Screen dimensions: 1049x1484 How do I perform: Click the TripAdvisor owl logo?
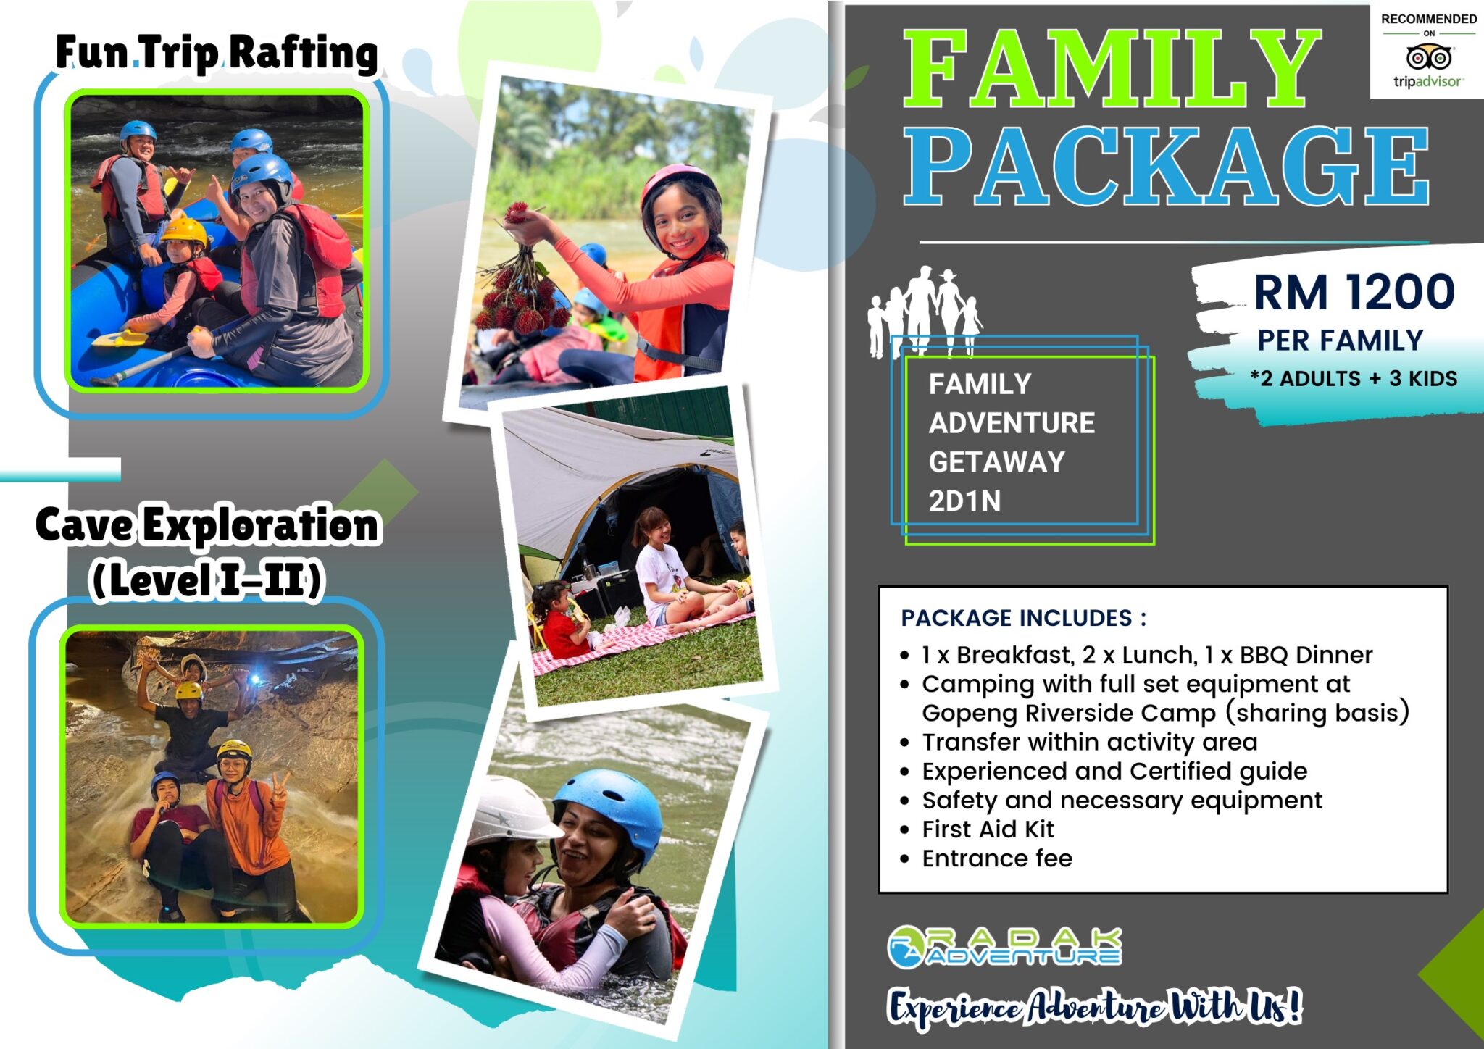point(1428,57)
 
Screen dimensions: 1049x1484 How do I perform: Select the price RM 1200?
point(1354,292)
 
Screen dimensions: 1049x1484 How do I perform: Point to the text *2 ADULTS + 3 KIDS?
point(1354,379)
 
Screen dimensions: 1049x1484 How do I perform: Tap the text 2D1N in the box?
point(964,501)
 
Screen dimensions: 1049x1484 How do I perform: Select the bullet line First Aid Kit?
point(987,829)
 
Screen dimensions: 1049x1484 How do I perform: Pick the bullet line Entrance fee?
point(996,858)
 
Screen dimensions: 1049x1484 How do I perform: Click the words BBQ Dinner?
point(1306,655)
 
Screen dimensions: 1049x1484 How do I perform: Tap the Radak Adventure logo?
point(1004,947)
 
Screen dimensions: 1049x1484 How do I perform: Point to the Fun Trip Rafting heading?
point(217,53)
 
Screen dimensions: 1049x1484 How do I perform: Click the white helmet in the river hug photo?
point(507,811)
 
